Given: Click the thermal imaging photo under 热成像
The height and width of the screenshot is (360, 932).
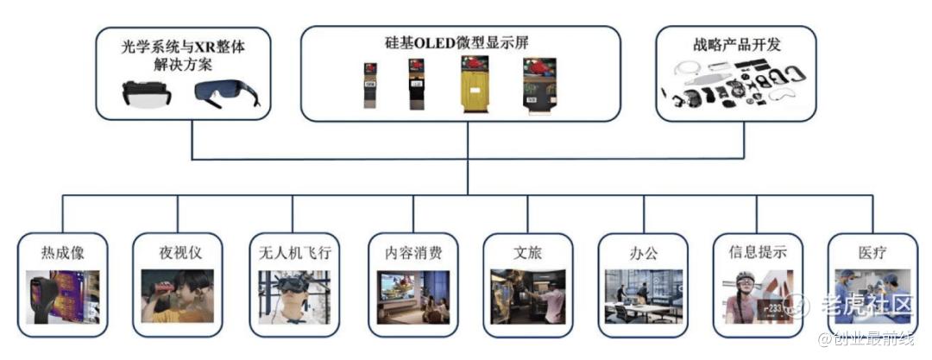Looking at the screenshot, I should coord(63,296).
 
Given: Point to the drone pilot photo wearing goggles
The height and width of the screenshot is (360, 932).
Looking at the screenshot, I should coord(294,296).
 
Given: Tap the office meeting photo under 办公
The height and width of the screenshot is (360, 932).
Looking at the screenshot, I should coord(644,296).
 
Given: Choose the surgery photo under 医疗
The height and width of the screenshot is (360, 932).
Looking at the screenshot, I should coord(872,296).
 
